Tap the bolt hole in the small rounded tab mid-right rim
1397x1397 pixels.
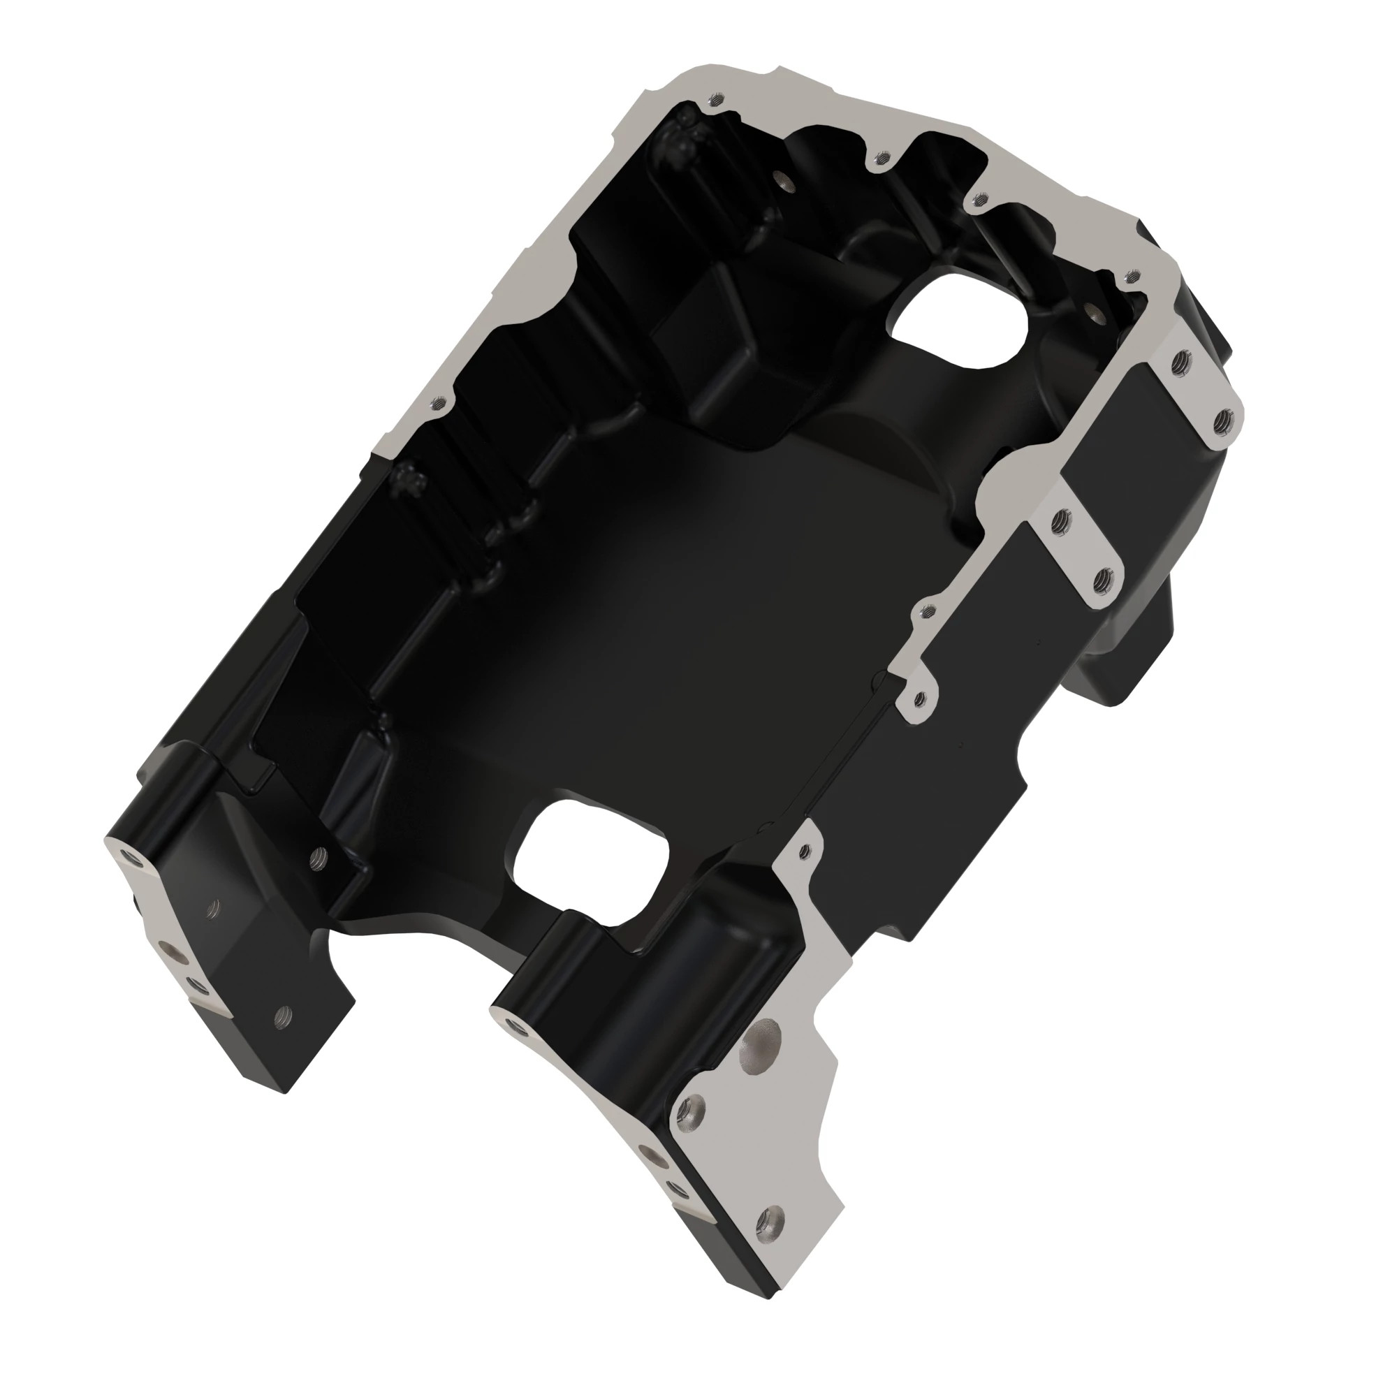tap(920, 698)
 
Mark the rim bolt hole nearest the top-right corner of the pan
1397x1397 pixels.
tap(1133, 275)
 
